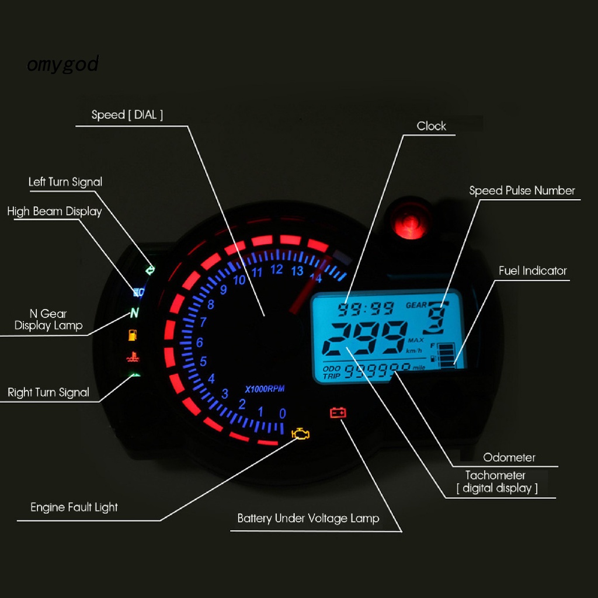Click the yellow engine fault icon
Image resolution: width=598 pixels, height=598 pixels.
[301, 434]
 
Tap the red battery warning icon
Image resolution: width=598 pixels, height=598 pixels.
[338, 413]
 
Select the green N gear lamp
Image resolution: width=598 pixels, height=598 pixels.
[134, 313]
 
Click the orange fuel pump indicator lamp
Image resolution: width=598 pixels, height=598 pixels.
[133, 335]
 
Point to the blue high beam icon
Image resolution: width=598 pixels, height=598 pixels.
[138, 292]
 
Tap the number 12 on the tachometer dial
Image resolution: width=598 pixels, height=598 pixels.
[276, 270]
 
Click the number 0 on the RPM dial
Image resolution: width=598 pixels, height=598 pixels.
[282, 414]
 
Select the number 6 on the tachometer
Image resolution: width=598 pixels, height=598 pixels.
[200, 342]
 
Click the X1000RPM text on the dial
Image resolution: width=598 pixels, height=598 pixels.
[265, 389]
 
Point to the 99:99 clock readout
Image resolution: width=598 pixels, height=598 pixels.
[366, 308]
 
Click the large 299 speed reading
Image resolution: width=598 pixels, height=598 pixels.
[365, 338]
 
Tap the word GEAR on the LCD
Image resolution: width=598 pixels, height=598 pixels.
[416, 305]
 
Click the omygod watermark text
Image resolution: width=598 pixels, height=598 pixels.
[63, 64]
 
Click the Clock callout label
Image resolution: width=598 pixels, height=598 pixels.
[432, 126]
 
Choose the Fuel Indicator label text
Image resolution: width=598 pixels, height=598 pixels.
[533, 271]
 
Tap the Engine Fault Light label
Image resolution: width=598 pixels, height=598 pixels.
[74, 507]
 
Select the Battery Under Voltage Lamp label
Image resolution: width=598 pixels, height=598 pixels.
[308, 519]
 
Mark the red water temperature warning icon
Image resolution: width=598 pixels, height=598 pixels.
[133, 357]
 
